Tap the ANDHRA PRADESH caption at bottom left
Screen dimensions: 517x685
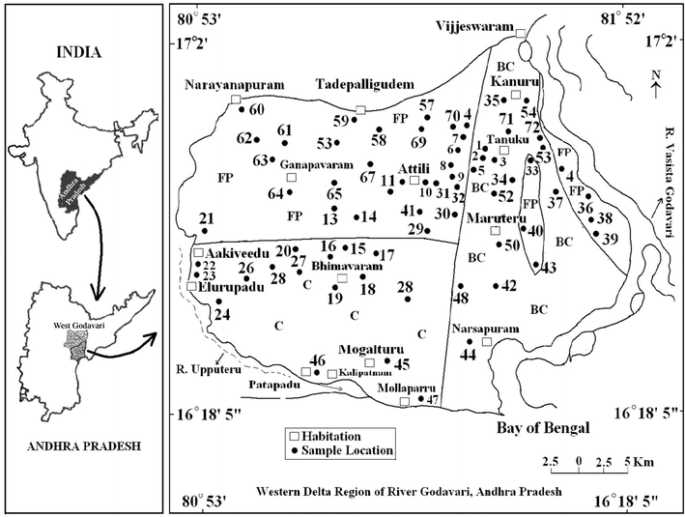82,446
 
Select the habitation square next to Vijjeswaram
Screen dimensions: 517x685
522,34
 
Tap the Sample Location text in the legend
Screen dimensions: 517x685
351,450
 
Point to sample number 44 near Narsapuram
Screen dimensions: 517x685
470,355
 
